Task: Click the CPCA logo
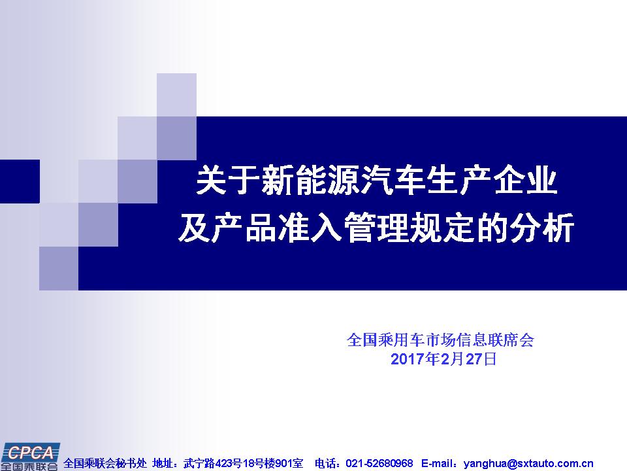[29, 457]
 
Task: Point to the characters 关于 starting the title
[228, 181]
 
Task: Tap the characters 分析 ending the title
[542, 228]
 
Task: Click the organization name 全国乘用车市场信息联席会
[440, 340]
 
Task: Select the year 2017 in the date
[408, 359]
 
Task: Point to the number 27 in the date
[474, 359]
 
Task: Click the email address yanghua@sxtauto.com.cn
[528, 464]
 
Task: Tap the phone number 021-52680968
[379, 463]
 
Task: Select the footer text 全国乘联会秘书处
[105, 463]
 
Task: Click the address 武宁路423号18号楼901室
[243, 463]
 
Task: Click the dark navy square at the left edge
[20, 181]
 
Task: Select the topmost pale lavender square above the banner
[176, 95]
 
